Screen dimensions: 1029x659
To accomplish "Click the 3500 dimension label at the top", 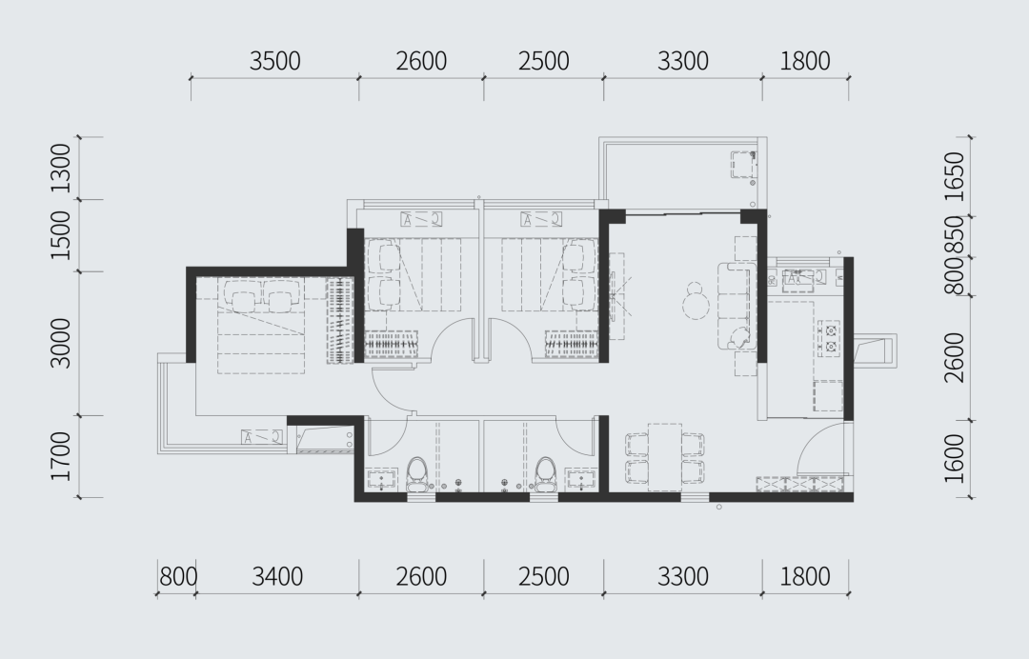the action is [275, 61].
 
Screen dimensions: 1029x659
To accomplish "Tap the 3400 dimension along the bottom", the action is [277, 577].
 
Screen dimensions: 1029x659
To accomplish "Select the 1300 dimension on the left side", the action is [60, 168].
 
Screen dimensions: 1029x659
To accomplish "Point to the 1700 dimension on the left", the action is [60, 456].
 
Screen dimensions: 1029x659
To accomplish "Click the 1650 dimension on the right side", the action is [954, 176].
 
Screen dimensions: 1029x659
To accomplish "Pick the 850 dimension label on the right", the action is [954, 235].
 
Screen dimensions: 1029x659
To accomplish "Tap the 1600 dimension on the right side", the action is [954, 459].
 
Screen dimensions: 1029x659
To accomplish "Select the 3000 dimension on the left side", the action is [60, 343].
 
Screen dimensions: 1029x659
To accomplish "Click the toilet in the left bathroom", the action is [416, 474].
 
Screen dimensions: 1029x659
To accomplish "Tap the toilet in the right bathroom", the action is [545, 474].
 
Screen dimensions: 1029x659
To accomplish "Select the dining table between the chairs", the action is [665, 457].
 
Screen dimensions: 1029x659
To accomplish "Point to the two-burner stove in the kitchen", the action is [830, 338].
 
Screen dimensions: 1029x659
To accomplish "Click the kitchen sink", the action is [797, 279].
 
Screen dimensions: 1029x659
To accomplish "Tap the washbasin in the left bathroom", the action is [381, 479].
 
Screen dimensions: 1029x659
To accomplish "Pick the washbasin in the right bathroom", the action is [581, 479].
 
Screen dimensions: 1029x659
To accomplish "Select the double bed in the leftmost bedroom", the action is [260, 326].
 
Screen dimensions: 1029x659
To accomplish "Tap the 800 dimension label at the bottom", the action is [178, 577].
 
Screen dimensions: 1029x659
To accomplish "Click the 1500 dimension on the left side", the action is [60, 235].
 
